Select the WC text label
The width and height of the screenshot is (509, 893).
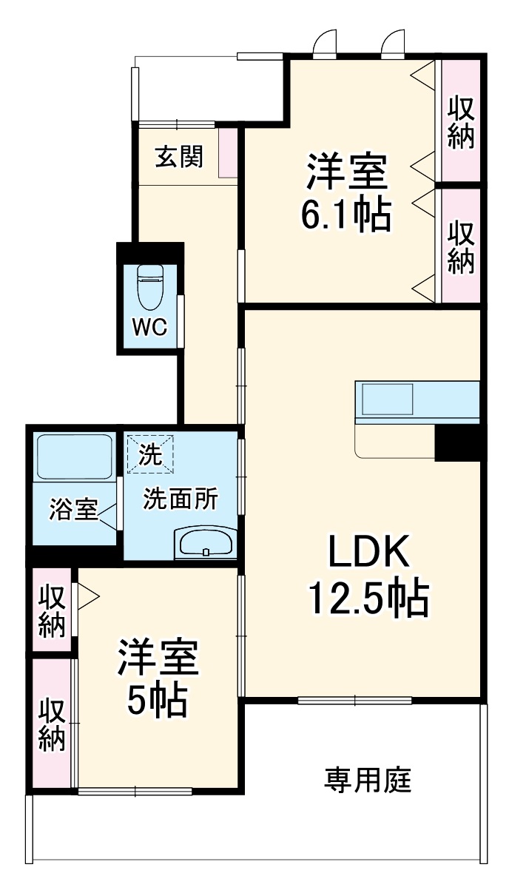coord(150,326)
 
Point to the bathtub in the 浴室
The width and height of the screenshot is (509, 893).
coord(74,458)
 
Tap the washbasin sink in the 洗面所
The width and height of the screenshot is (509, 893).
coord(206,544)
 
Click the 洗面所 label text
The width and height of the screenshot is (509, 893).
coord(180,499)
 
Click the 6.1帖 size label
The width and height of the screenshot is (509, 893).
coord(345,215)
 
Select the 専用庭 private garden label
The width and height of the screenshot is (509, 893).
coord(368,779)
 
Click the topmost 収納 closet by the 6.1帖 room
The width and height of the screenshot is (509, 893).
coord(460,121)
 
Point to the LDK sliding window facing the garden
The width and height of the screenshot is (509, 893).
coord(354,700)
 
